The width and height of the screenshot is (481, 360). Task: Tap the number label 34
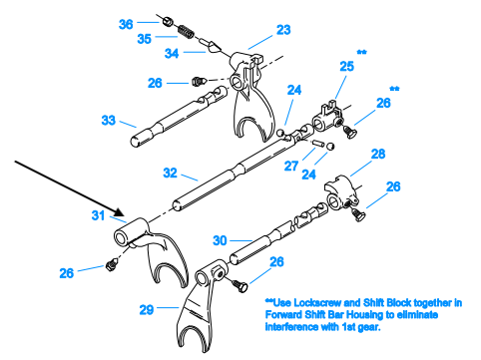click(x=172, y=53)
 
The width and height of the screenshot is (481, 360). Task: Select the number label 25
click(x=346, y=67)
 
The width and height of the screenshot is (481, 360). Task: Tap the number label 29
click(x=147, y=310)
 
